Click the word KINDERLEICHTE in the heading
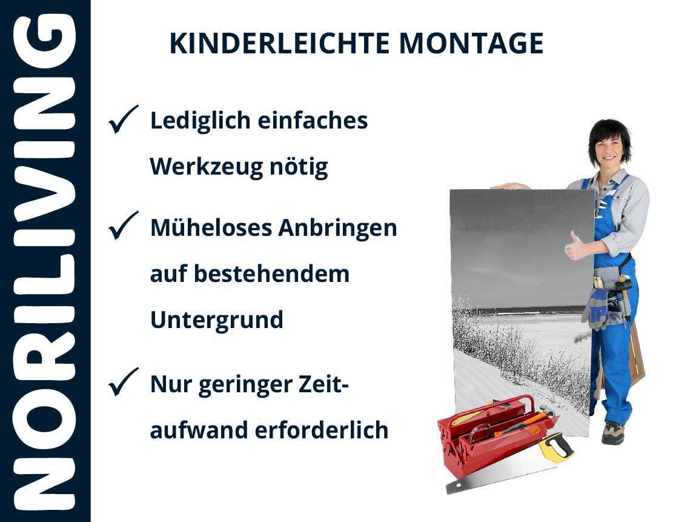tap(279, 44)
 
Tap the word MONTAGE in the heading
tap(471, 44)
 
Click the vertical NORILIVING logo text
tap(45, 262)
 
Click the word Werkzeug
tap(206, 167)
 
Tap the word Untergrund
tap(217, 320)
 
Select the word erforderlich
tap(322, 430)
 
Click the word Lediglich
tap(200, 121)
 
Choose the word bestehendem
tap(271, 273)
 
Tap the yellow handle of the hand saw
tap(556, 447)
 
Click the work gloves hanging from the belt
tap(596, 308)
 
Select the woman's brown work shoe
tap(612, 433)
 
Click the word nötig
tap(299, 167)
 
